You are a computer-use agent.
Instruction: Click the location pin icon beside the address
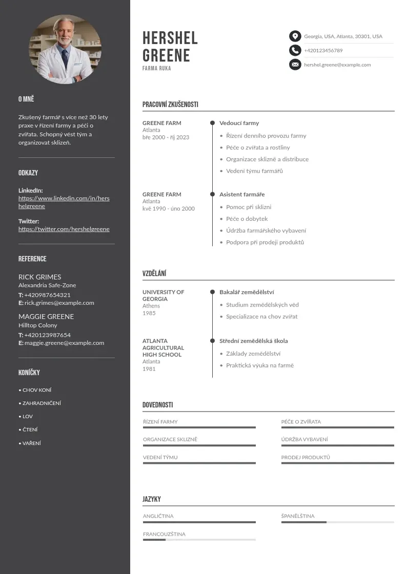(295, 36)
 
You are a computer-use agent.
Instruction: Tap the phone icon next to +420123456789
(295, 50)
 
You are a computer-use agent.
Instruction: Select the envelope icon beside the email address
(295, 65)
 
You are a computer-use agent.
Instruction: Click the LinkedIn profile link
(64, 202)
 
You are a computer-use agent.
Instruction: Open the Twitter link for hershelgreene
(64, 229)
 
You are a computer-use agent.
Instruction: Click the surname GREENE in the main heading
(166, 55)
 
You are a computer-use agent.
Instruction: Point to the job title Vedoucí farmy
(239, 123)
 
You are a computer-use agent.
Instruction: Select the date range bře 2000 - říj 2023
(166, 137)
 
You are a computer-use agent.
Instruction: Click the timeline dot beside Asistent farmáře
(212, 194)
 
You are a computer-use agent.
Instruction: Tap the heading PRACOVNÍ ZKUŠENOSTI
(170, 105)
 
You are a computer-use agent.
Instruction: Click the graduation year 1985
(149, 313)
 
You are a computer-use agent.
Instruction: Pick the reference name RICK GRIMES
(39, 277)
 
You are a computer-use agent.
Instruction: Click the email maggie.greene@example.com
(64, 343)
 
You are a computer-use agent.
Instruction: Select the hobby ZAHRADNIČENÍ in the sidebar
(42, 403)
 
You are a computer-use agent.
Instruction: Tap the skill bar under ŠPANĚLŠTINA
(337, 522)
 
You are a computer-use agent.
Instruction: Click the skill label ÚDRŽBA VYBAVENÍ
(304, 439)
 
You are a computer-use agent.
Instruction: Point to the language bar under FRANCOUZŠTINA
(199, 540)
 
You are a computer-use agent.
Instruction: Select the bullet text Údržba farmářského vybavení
(266, 231)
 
